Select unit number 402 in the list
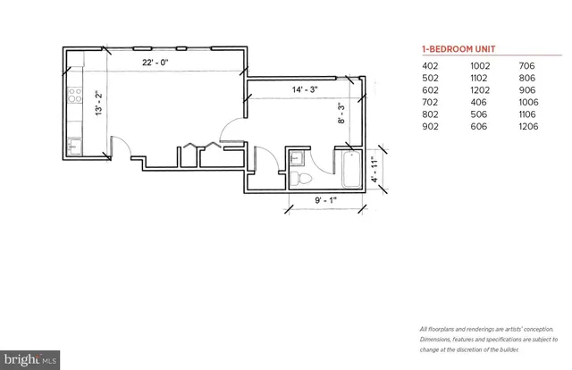432,67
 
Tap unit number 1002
480,67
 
